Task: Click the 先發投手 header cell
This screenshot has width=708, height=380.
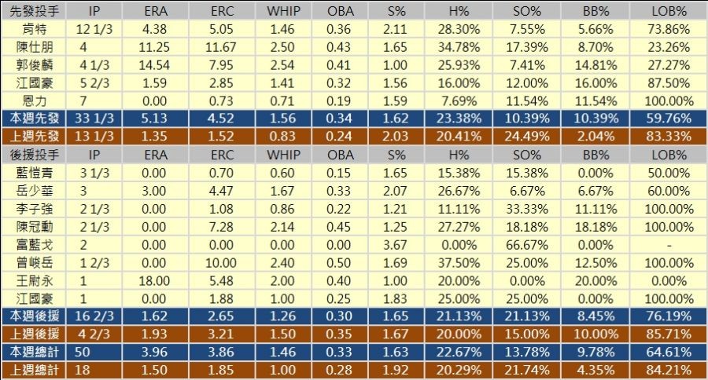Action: (x=33, y=12)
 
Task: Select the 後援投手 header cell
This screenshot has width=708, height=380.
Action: (x=33, y=155)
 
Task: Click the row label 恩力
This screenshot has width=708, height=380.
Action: (x=33, y=101)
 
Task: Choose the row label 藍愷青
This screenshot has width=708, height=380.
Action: (x=33, y=173)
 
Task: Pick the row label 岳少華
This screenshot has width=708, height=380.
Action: (x=33, y=191)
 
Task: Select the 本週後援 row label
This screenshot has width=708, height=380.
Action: (x=33, y=316)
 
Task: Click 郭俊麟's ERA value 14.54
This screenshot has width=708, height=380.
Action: (x=155, y=65)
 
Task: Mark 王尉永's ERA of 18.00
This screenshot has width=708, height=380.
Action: (x=155, y=280)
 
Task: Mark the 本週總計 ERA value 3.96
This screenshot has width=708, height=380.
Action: (x=155, y=352)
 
